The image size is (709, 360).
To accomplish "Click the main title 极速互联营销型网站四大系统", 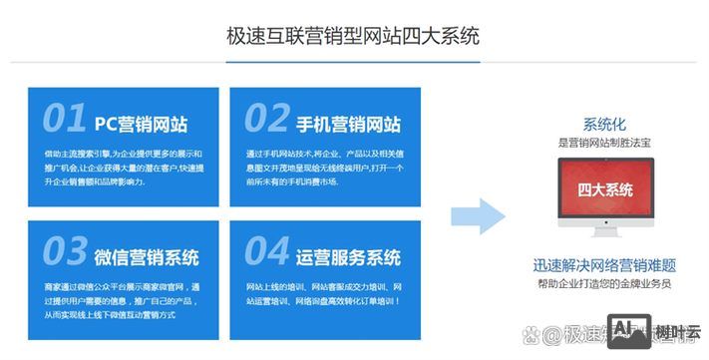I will click(354, 37).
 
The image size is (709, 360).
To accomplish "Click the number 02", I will click(267, 119).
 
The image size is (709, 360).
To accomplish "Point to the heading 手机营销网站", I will click(348, 124).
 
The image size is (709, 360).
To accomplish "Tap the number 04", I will click(267, 249).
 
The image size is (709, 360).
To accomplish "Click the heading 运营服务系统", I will click(348, 255).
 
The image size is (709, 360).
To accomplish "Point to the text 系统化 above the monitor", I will click(604, 125).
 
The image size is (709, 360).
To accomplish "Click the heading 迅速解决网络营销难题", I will click(604, 266).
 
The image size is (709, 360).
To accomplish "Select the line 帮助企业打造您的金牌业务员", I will click(604, 284).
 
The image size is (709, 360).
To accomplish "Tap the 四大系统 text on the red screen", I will click(604, 188).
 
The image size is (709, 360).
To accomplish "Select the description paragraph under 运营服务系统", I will click(324, 293).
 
